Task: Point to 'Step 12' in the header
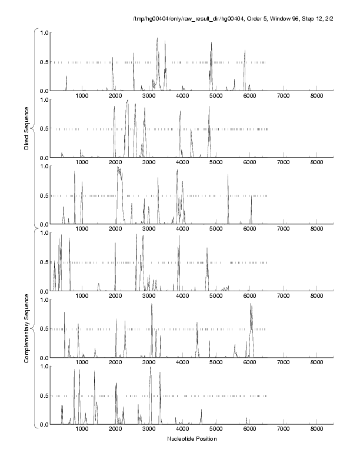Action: pyautogui.click(x=307, y=23)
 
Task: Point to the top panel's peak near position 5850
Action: pyautogui.click(x=245, y=51)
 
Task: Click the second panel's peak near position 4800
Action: pyautogui.click(x=209, y=107)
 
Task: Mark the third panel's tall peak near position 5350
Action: pyautogui.click(x=228, y=175)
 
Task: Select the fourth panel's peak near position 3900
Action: pyautogui.click(x=179, y=236)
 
